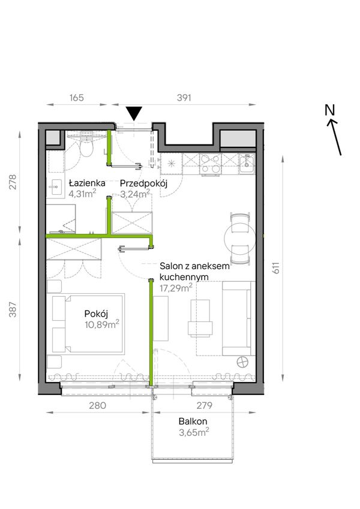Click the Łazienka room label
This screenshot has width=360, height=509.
coord(87,183)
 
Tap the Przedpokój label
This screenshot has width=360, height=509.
coord(143,183)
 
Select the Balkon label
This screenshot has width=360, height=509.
coord(193,421)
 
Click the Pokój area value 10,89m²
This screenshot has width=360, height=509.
coord(102,324)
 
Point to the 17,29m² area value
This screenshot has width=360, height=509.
coord(176,287)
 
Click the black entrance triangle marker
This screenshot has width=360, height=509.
coord(134,113)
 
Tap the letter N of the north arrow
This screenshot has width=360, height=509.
coord(329,110)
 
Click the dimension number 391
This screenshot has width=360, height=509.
coord(184,97)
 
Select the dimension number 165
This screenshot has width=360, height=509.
coord(77,97)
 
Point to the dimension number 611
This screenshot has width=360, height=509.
coord(275,268)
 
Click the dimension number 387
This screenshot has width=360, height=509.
coord(13,309)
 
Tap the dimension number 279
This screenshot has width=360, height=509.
coord(205,405)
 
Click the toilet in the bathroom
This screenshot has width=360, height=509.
coord(86,146)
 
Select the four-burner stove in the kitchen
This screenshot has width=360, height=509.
coord(210,164)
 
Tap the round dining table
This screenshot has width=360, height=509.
coord(240,239)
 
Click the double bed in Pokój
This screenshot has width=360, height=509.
coord(88,324)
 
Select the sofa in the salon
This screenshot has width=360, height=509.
coord(237,318)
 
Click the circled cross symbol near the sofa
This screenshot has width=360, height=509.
coord(242,362)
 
